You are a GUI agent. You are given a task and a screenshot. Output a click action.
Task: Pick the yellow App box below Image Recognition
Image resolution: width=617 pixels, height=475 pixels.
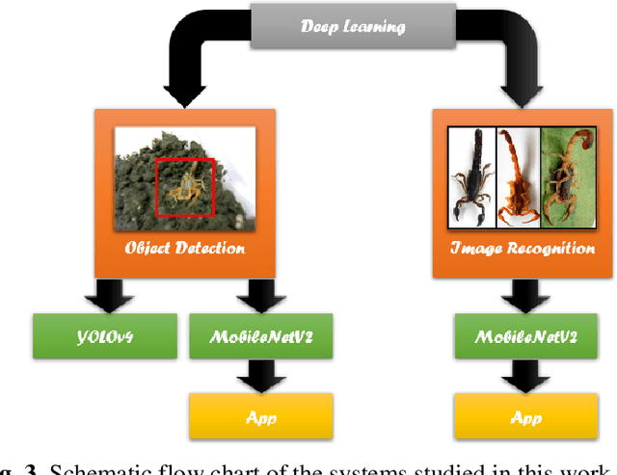(525, 416)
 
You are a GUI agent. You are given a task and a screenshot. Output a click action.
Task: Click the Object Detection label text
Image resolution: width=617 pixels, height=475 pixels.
(185, 248)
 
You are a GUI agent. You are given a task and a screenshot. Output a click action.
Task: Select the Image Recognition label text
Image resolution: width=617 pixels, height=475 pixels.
(523, 248)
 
